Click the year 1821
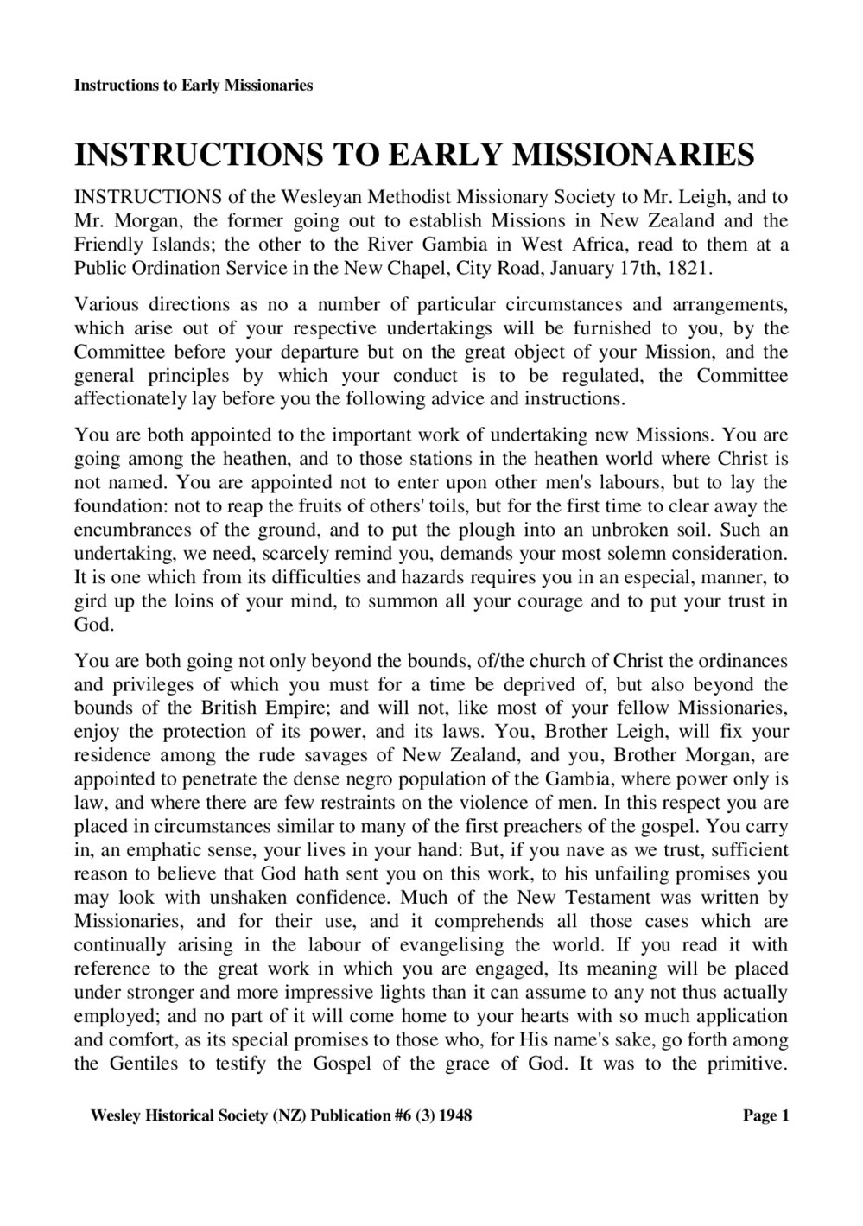[691, 267]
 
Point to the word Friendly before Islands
[108, 244]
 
